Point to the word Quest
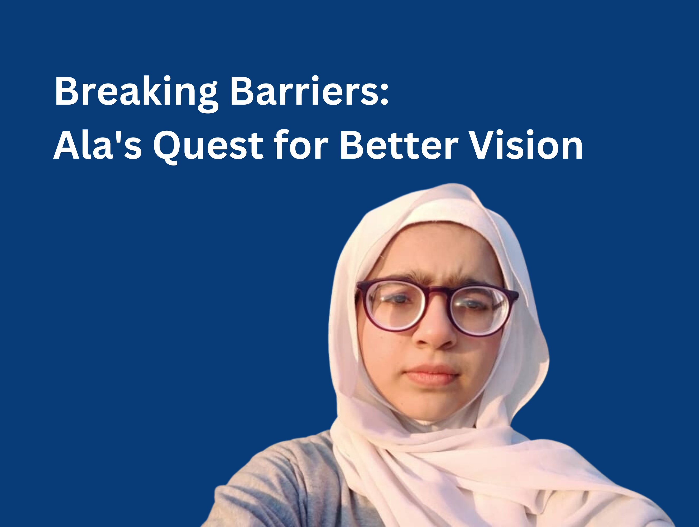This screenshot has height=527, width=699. pos(208,147)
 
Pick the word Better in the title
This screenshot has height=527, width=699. pos(399,144)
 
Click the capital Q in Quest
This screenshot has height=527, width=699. pos(167,147)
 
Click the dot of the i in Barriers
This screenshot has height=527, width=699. pos(315,79)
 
